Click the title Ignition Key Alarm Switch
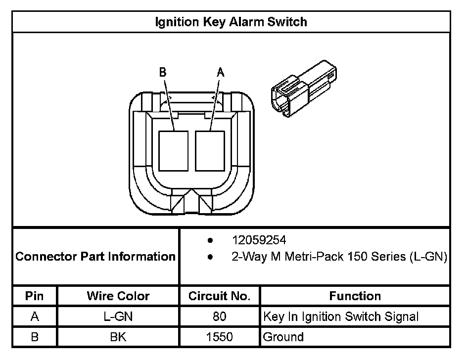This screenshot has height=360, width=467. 231,22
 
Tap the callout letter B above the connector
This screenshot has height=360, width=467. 162,73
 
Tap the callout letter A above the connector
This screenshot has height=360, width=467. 221,73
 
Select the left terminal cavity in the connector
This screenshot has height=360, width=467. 174,150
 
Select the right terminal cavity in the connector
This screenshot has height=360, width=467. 210,150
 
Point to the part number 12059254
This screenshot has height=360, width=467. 259,241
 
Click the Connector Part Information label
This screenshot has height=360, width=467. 95,257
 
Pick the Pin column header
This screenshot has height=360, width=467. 35,296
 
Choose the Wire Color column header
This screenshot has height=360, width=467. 118,296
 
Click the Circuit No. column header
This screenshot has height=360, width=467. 219,296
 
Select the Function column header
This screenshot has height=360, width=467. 355,296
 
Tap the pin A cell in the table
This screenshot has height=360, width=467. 35,316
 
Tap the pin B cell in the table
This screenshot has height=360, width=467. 35,337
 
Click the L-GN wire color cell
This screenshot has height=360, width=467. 118,316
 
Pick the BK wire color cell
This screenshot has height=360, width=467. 118,337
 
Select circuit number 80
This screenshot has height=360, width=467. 219,316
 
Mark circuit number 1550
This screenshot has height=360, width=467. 219,337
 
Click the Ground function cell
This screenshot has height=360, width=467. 283,337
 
